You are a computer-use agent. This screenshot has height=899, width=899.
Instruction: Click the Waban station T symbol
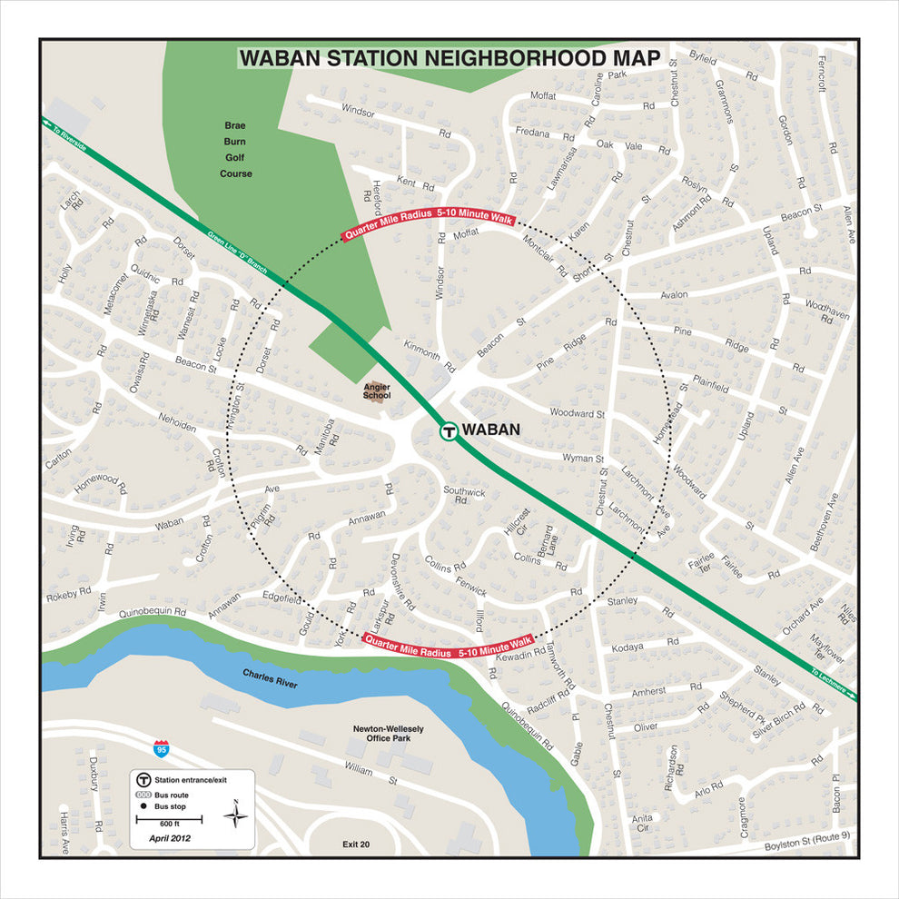pos(448,431)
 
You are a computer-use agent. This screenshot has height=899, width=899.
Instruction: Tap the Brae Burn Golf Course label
pos(236,149)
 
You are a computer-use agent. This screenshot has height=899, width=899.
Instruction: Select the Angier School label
pos(376,390)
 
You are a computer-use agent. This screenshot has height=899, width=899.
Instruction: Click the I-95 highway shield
pos(161,749)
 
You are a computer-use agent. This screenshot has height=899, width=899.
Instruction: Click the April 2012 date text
pos(170,838)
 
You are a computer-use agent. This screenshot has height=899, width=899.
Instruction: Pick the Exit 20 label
pos(356,845)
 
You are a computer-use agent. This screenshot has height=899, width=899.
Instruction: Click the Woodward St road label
pos(578,413)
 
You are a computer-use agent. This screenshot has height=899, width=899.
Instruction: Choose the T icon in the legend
pos(143,779)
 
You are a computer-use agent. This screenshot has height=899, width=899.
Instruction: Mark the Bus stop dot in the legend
pos(143,806)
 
